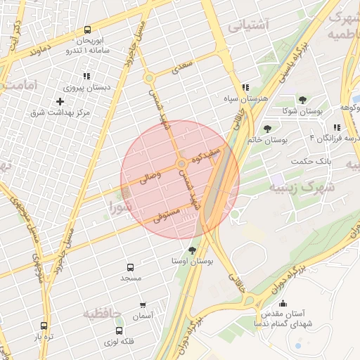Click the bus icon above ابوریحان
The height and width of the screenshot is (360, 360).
87,30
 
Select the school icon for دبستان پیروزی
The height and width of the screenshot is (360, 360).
86,76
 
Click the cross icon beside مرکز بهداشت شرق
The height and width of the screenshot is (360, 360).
60,101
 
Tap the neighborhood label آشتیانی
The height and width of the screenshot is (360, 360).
248,26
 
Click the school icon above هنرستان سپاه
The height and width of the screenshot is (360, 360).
245,88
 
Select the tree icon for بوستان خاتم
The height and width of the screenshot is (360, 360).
267,129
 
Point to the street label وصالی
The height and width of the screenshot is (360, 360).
151,176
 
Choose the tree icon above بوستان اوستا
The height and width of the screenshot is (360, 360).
192,250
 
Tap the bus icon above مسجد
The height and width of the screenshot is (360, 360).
130,267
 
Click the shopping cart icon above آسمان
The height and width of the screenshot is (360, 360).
143,305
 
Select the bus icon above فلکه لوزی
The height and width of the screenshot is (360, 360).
119,330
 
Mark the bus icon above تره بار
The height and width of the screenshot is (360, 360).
45,326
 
